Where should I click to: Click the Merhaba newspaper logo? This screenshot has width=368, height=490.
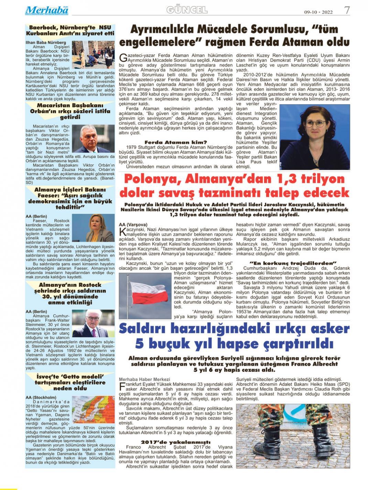46,10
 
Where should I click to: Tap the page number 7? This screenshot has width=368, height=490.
347,10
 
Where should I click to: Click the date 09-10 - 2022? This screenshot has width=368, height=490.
318,12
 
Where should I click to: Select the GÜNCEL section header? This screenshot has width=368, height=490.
187,10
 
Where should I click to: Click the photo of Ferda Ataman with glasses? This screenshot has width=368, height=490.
315,137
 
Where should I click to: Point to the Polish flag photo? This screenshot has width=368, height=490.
145,295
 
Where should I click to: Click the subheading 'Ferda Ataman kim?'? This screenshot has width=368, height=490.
176,142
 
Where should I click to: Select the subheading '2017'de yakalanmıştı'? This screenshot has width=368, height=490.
176,442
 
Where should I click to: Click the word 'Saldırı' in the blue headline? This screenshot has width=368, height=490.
144,329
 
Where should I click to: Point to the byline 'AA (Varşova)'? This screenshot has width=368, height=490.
133,225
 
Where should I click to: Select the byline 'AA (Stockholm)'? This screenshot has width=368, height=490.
41,398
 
